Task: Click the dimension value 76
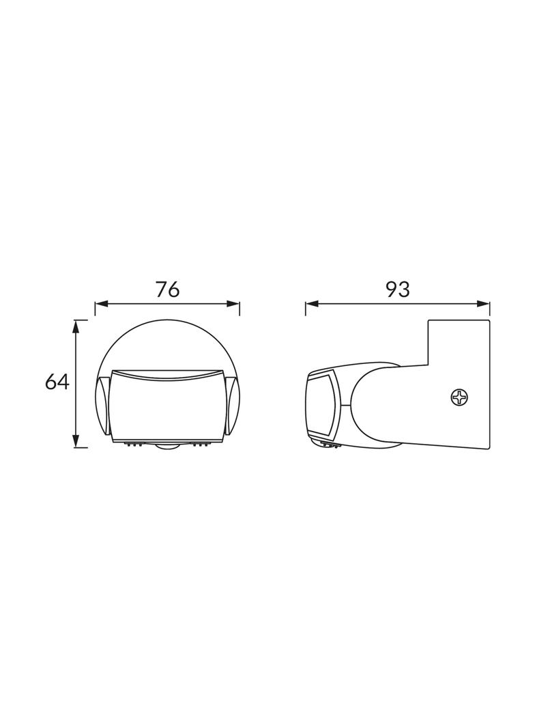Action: pos(167,290)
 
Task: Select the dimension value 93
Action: pos(397,290)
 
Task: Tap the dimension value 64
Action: pos(57,382)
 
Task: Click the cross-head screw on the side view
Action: pos(460,397)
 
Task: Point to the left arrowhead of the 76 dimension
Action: pos(101,304)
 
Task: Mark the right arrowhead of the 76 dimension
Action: pos(233,304)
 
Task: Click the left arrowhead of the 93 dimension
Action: pos(312,304)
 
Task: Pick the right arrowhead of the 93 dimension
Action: pos(484,304)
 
